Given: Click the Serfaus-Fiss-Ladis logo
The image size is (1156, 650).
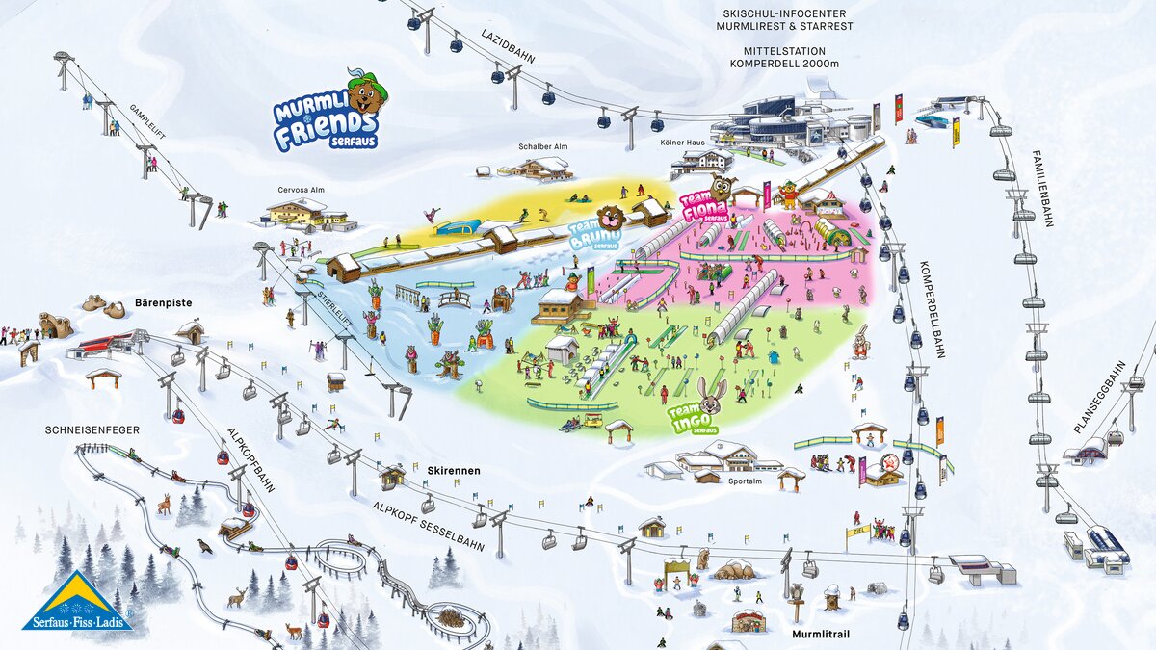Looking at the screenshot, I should (x=78, y=603).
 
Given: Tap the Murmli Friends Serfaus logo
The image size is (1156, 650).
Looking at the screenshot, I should (x=328, y=116).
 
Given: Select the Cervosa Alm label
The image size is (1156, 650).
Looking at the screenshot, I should (x=301, y=190).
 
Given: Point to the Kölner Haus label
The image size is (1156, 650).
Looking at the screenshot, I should (x=703, y=142).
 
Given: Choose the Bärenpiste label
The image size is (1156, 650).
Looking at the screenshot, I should (x=164, y=303).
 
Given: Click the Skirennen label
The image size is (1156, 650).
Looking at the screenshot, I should (x=454, y=470).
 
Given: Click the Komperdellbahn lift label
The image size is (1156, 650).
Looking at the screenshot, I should (x=931, y=308).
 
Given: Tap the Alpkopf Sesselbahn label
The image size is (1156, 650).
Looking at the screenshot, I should (x=430, y=524).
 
